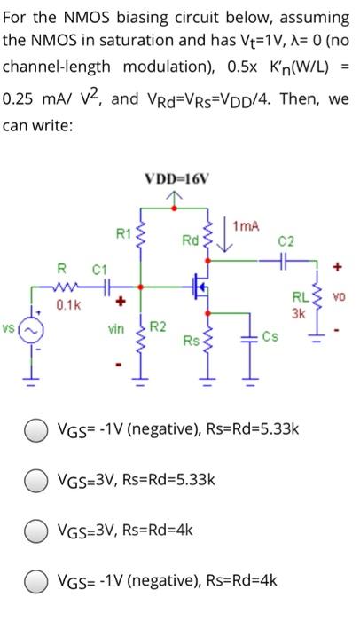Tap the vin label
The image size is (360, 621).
[x=116, y=328]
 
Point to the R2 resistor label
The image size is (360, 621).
[x=157, y=328]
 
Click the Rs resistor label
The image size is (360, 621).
[x=190, y=340]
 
